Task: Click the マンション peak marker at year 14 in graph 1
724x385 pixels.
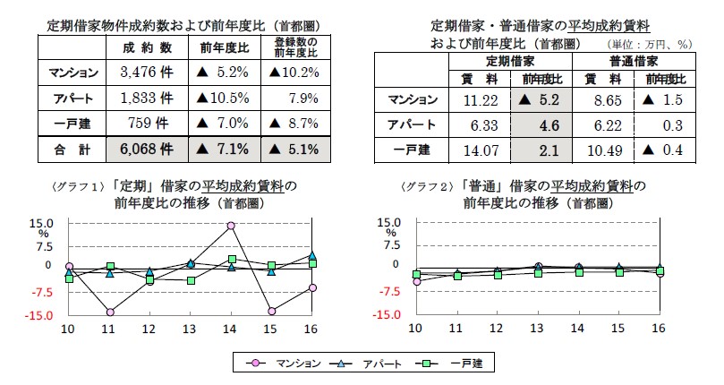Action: pyautogui.click(x=231, y=226)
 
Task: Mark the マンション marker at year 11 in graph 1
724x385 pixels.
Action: pyautogui.click(x=109, y=312)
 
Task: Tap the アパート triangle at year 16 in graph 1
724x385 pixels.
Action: pyautogui.click(x=311, y=256)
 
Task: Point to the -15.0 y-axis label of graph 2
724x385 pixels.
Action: pyautogui.click(x=390, y=316)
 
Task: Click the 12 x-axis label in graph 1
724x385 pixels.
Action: pyautogui.click(x=149, y=329)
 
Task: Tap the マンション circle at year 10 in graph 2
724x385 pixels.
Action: pyautogui.click(x=416, y=281)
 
